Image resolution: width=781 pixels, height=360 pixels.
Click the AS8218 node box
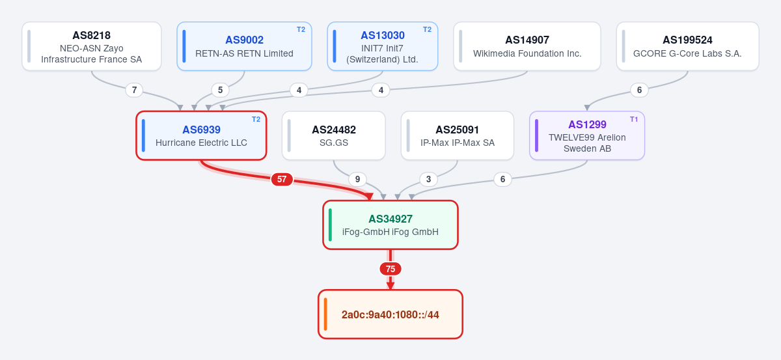tap(92, 46)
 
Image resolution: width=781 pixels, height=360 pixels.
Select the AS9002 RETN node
tap(245, 46)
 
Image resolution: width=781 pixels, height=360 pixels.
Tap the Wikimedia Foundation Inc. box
tap(527, 46)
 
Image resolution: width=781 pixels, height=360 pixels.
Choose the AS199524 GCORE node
tap(687, 46)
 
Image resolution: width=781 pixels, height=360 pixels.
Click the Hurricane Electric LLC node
tap(201, 135)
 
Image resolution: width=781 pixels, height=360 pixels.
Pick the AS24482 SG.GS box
tap(334, 135)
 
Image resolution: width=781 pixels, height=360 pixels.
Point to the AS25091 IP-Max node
tap(458, 135)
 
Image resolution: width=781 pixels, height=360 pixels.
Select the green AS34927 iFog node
tap(390, 225)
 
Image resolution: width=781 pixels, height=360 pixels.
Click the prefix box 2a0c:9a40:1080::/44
tap(390, 314)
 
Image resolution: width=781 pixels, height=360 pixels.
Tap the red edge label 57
tap(282, 179)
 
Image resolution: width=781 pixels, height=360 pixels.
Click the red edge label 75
tap(390, 269)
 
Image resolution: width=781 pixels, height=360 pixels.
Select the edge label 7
tap(134, 90)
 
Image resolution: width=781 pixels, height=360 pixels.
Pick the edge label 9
tap(357, 179)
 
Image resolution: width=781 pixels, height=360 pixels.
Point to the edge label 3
tap(428, 179)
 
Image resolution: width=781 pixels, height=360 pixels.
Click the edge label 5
tap(220, 90)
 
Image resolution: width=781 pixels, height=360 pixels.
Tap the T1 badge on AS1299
tap(634, 119)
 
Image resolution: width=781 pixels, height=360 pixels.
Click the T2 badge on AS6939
tap(256, 119)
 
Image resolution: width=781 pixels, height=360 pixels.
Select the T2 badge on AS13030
tap(427, 29)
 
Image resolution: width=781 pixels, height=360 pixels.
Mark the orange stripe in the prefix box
tap(325, 314)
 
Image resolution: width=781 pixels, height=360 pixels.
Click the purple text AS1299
tap(587, 124)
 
